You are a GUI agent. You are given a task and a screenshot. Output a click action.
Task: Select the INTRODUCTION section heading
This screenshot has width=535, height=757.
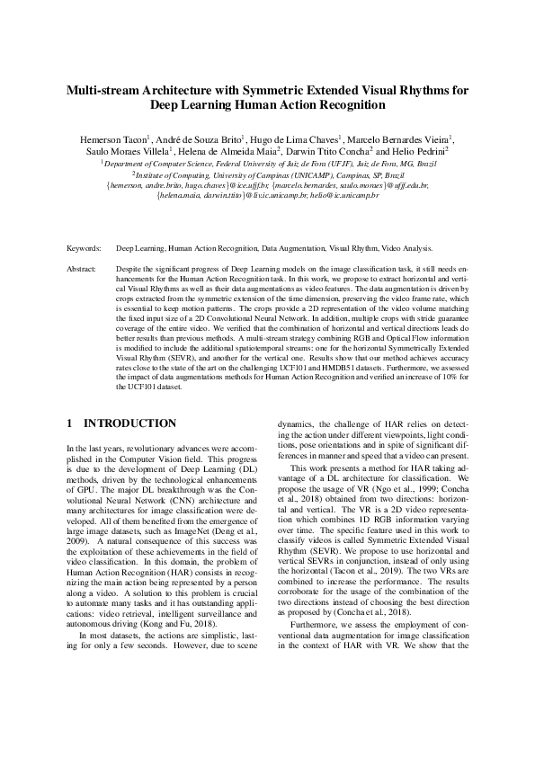point(129,423)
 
